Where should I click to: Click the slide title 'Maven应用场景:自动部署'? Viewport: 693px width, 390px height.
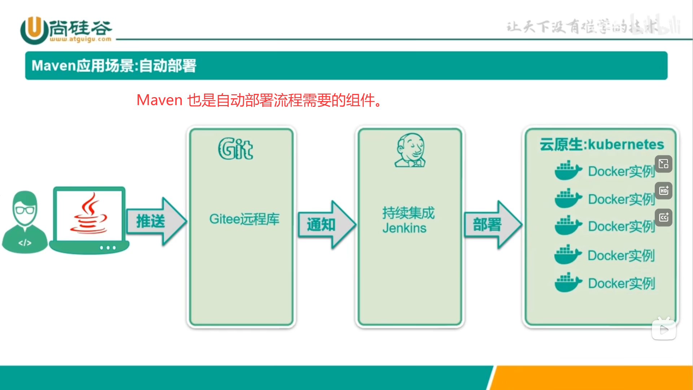[x=114, y=66]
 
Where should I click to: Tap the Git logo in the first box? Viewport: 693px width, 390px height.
[x=235, y=149]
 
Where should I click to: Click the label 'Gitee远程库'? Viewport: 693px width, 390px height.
[x=244, y=219]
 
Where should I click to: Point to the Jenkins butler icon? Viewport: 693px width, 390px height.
[x=410, y=150]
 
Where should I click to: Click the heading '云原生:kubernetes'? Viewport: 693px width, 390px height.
[x=601, y=144]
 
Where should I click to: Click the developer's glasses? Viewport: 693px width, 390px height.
[x=25, y=210]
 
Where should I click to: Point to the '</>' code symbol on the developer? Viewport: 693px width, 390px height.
[x=25, y=243]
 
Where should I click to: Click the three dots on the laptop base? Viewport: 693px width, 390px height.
[x=108, y=248]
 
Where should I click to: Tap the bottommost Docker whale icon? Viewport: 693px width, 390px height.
[x=568, y=283]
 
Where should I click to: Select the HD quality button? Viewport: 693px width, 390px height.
[x=663, y=191]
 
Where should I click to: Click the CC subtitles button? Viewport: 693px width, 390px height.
[x=663, y=217]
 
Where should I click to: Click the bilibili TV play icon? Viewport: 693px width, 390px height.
[x=664, y=329]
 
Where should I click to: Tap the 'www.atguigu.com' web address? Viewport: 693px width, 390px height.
[x=80, y=39]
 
